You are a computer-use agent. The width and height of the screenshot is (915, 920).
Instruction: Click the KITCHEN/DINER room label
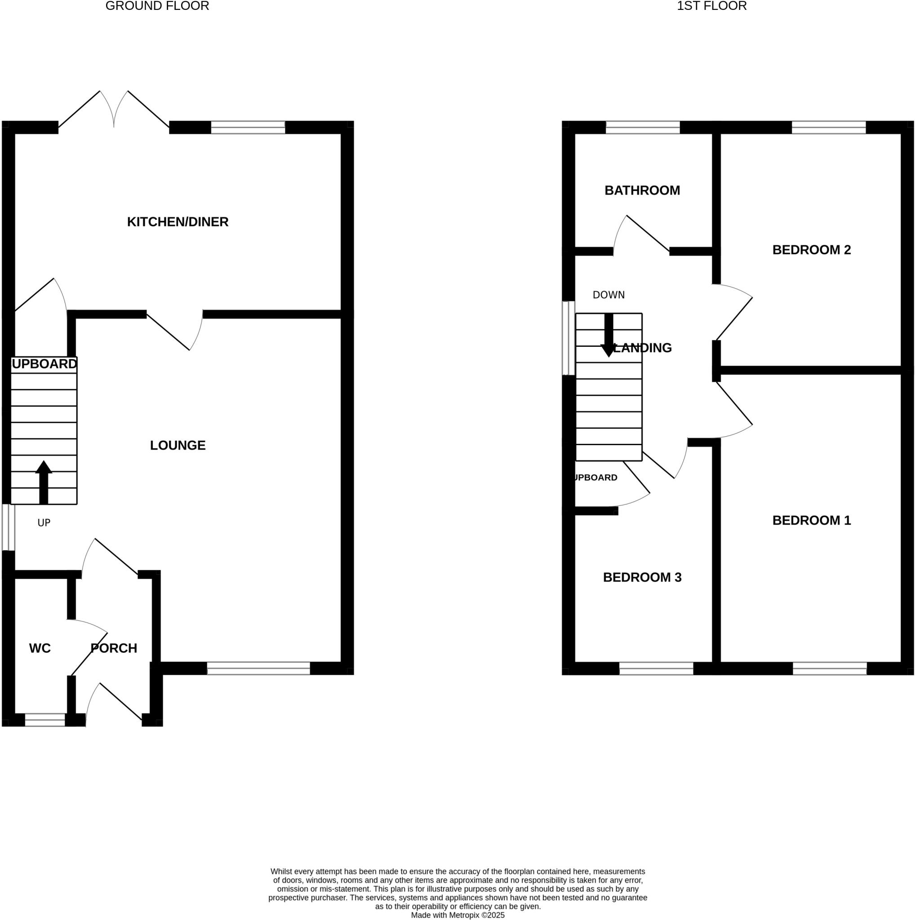178,222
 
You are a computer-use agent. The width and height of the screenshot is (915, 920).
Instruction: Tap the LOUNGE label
178,445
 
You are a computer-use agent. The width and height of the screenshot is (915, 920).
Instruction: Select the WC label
40,648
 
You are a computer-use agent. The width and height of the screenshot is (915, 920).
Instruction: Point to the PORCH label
114,648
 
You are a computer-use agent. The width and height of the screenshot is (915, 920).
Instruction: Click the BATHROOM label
642,190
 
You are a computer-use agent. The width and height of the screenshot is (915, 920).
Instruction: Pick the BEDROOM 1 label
811,521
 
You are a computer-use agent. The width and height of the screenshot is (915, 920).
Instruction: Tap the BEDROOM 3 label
642,578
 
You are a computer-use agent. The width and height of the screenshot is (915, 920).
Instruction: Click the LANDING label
643,348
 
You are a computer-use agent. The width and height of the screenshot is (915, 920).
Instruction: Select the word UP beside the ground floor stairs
44,523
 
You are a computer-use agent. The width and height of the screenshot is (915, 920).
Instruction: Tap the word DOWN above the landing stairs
608,295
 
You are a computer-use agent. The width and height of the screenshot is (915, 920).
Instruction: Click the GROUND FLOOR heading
157,6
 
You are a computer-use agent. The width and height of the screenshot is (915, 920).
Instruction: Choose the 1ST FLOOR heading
711,6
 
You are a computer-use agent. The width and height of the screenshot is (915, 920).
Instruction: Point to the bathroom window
642,127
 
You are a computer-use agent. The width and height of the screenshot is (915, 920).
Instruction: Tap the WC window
45,720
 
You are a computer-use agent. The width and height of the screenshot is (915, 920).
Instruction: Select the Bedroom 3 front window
656,668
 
